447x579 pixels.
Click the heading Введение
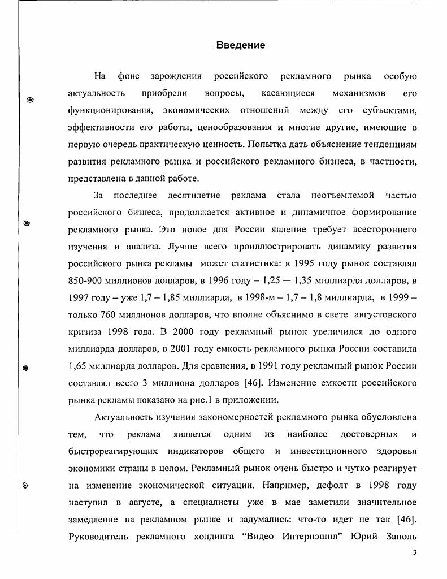[x=240, y=45]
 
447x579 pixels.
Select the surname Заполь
[x=398, y=535]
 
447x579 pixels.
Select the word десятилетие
[x=193, y=195]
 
